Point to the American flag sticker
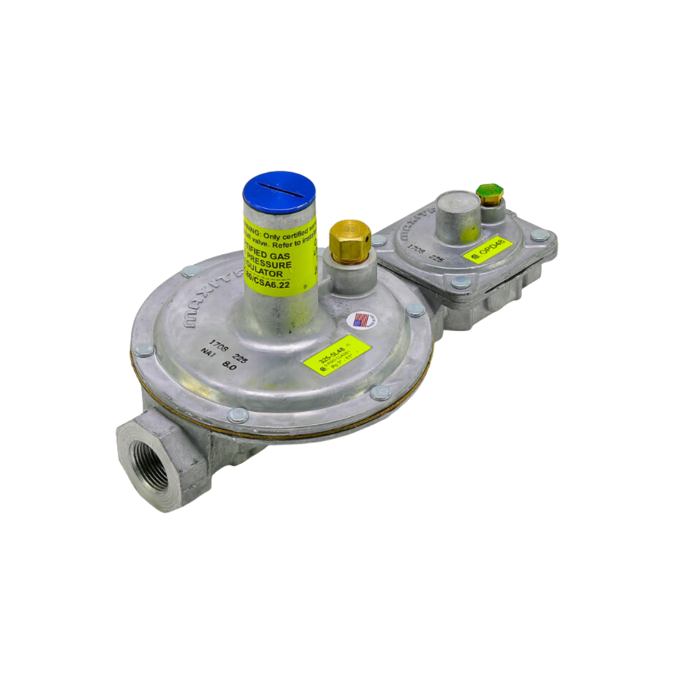tap(361, 321)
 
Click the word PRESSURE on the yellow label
tap(270, 265)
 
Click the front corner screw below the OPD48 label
tap(460, 283)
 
